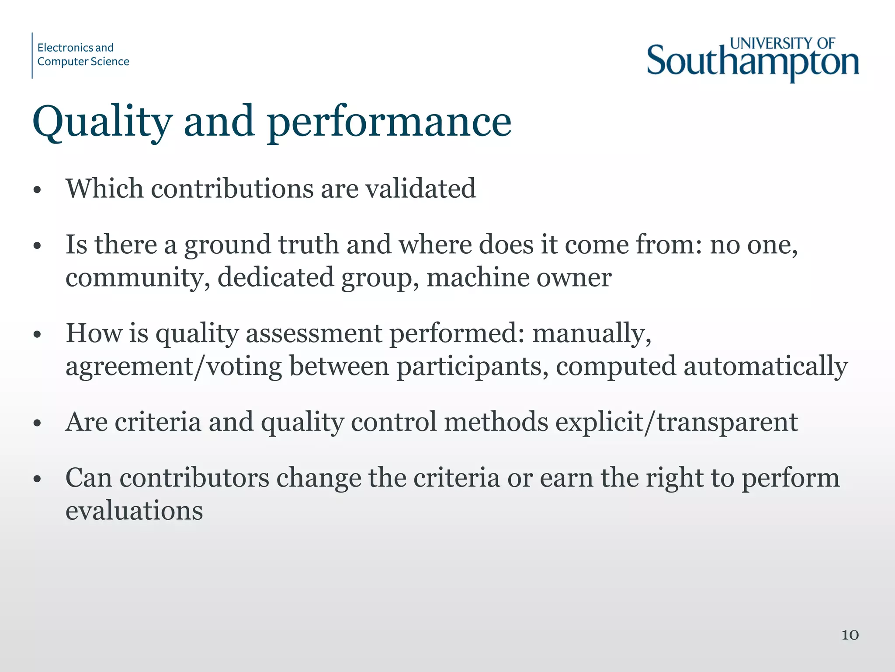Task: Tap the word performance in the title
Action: click(x=389, y=122)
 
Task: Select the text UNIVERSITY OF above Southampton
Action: click(x=782, y=43)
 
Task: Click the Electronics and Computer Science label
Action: click(x=83, y=55)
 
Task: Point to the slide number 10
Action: click(x=850, y=635)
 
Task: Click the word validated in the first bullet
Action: click(x=420, y=189)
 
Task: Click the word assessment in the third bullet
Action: click(x=314, y=333)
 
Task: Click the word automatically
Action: click(x=766, y=367)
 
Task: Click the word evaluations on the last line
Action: click(x=134, y=511)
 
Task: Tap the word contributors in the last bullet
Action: click(x=194, y=478)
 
